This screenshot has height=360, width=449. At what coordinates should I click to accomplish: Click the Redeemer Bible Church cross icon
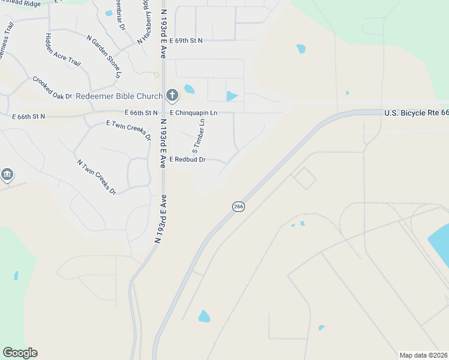tap(172, 95)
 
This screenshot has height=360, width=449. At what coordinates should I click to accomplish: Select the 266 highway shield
tap(238, 206)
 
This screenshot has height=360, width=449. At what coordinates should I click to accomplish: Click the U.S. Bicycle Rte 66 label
tap(416, 112)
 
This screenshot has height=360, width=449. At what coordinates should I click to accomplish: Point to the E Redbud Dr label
tap(187, 160)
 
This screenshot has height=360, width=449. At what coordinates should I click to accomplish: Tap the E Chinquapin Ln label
tap(193, 113)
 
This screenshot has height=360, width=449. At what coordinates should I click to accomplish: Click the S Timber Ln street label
tap(199, 136)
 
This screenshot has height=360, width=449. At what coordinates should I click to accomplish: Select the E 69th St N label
tap(186, 40)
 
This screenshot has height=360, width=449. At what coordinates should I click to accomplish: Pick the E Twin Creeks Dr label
tap(128, 130)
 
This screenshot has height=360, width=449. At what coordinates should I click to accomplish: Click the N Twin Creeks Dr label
tap(96, 176)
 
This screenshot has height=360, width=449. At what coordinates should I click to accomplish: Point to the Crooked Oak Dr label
tap(52, 88)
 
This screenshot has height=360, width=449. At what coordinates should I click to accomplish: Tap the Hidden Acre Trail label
tap(54, 50)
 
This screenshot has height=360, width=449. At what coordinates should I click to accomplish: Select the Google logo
tap(20, 353)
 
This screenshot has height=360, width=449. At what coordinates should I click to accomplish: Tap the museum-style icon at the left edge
tap(7, 175)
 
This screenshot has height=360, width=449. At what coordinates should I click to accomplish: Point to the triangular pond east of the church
tap(232, 96)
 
